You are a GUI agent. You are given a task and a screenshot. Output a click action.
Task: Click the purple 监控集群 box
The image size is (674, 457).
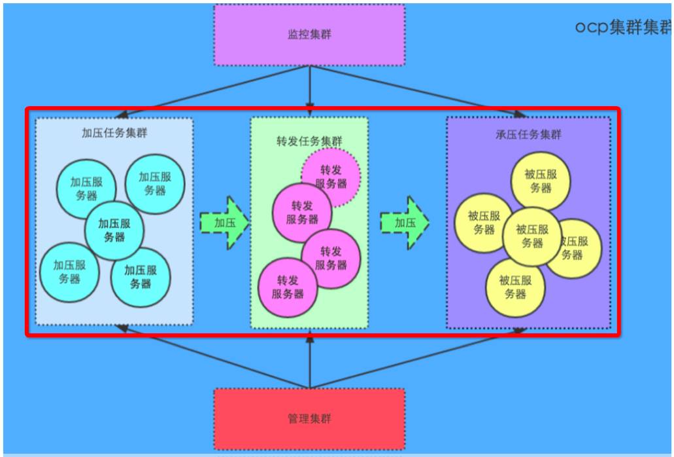[x=309, y=35]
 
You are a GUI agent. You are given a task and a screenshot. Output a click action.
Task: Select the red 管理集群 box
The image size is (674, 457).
[x=309, y=418]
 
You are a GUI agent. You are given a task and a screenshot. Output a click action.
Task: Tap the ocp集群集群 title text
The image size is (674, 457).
[x=623, y=27]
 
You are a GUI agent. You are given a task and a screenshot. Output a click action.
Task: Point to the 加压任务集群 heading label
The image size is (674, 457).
[x=114, y=133]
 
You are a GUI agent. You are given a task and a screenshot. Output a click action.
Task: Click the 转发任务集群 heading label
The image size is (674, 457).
[x=309, y=141]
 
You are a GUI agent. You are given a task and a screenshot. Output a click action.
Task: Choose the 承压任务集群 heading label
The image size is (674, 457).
[x=528, y=135]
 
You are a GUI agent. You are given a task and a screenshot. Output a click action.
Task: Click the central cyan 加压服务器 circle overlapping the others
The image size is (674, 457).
[x=114, y=229]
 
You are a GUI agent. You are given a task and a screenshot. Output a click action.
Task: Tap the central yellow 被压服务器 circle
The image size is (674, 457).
[x=532, y=236]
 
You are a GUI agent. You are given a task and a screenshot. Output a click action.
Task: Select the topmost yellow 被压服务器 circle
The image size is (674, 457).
[x=541, y=181]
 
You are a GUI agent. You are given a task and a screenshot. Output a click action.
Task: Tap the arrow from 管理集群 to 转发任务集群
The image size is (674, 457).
[x=310, y=357]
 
